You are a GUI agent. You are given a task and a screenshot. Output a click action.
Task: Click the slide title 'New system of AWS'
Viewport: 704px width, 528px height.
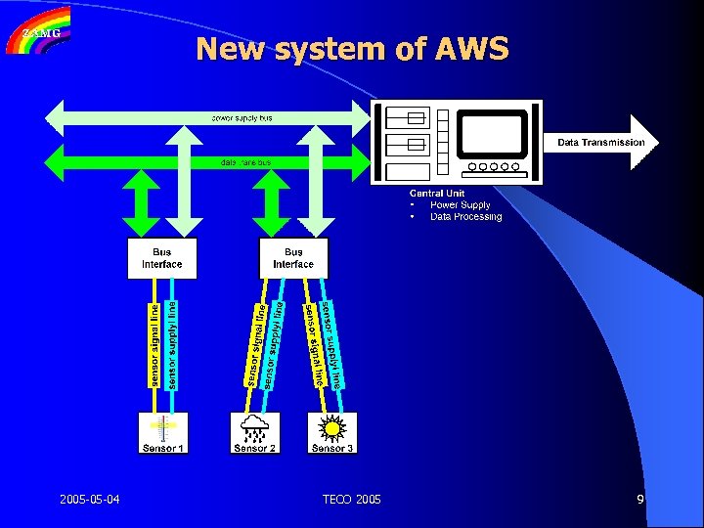click(352, 48)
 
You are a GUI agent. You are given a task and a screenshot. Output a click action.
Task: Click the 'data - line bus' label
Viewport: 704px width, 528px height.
click(245, 161)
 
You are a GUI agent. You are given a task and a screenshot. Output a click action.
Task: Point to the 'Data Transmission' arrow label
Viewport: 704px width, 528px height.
click(600, 143)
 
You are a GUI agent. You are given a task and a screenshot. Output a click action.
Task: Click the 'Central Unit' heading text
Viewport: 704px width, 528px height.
click(436, 194)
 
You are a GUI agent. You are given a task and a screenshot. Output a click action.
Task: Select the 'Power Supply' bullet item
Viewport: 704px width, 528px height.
click(460, 205)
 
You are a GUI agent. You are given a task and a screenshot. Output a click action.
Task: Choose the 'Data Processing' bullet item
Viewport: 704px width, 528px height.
click(465, 217)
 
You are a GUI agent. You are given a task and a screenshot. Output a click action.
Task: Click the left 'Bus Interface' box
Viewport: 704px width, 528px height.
click(161, 258)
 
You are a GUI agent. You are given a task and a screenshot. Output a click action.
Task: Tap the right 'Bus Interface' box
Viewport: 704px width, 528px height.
click(292, 258)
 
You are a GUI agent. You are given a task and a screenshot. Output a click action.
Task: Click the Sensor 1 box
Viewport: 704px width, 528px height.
click(163, 432)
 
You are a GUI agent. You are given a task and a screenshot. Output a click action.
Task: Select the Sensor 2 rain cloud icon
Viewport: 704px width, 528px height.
click(254, 426)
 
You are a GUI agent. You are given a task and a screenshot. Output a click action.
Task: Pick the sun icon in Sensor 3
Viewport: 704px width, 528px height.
click(332, 426)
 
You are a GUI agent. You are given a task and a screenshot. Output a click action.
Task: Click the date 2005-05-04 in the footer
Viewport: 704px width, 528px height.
click(89, 501)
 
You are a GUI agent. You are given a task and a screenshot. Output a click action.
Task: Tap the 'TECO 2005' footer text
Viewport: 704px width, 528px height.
click(352, 501)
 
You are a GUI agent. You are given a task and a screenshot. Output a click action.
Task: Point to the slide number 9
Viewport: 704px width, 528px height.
click(639, 501)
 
